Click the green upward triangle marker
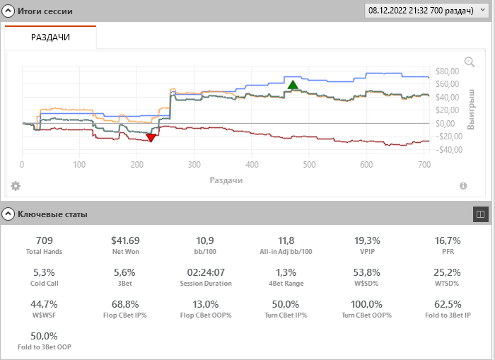coord(293,85)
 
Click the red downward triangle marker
coord(150,137)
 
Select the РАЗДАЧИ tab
coord(50,37)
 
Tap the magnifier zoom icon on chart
coord(470,62)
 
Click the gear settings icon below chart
coord(16,186)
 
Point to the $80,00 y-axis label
coord(448,71)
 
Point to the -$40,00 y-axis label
coord(448,150)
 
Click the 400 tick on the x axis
coord(279,164)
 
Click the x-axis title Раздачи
coord(226,180)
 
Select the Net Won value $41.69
coord(125,241)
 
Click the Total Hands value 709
coord(44,241)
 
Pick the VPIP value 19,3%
coord(367,241)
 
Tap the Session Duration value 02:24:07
coord(206,272)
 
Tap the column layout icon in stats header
coord(480,213)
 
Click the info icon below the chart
coord(463,186)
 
